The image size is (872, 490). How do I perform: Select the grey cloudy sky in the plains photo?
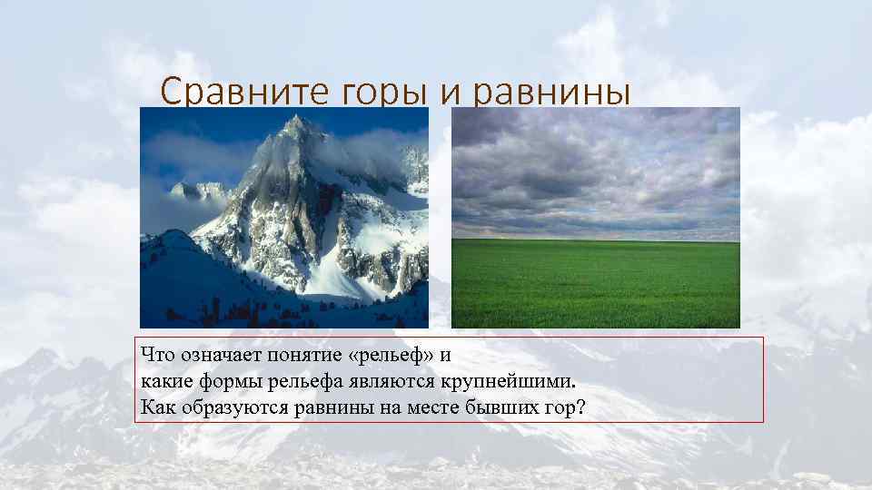[x=595, y=168]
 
